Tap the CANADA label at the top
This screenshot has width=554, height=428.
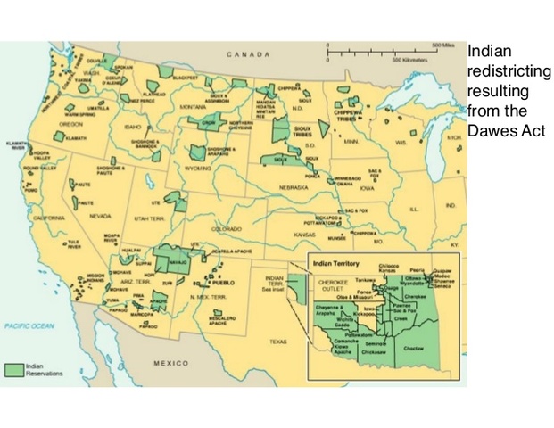(x=244, y=54)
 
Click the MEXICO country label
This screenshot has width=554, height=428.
(x=171, y=364)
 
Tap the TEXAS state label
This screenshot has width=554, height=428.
(x=279, y=341)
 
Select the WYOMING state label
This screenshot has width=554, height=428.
(x=199, y=168)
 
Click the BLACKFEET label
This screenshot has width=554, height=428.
(x=185, y=78)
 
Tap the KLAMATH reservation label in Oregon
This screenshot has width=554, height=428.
(x=76, y=138)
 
